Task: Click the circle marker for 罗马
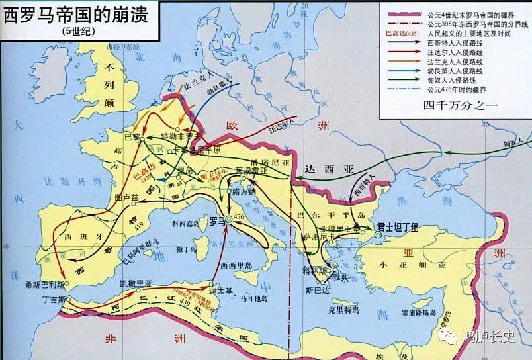pos(228,219)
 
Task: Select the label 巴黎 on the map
pos(133,136)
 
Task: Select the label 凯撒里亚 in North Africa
pos(136,283)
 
